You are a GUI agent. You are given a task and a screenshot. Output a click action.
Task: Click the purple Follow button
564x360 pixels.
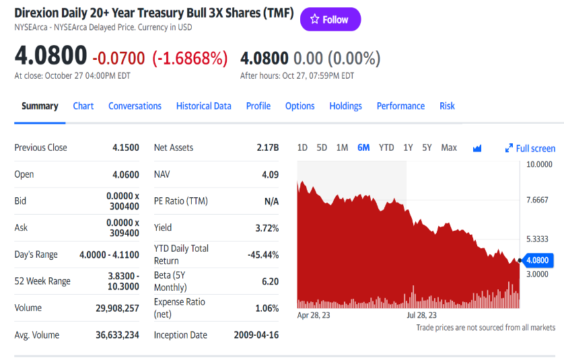point(330,20)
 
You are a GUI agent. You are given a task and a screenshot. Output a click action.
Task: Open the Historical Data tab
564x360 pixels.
point(203,106)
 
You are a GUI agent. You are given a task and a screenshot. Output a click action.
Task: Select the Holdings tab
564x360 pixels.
point(345,106)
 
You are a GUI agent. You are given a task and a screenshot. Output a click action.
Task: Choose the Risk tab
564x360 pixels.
point(447,106)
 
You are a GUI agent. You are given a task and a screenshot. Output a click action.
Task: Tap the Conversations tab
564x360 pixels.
point(135,106)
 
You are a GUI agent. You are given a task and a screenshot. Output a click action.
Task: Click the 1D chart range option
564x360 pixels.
point(302,147)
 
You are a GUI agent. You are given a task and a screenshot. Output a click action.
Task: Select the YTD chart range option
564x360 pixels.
point(386,147)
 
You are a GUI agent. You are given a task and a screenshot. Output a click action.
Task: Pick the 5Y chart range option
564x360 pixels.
point(427,147)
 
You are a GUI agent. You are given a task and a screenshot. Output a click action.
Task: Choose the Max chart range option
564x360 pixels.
point(449,147)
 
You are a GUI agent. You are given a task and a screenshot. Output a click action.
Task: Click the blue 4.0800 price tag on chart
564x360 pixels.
point(537,260)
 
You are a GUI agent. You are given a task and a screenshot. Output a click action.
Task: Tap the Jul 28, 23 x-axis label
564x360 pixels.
point(422,315)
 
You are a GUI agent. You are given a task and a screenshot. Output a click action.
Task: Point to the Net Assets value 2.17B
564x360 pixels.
point(267,147)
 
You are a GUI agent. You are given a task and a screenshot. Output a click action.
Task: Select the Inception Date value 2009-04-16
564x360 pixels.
point(256,335)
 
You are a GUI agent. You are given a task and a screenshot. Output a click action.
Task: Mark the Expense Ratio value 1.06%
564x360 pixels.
point(267,308)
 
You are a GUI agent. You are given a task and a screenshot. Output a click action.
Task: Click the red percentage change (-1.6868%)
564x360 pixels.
point(190,59)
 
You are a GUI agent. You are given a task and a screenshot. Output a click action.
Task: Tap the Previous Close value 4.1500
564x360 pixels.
point(126,147)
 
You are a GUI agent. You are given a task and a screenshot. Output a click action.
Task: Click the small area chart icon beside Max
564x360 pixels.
point(477,148)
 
